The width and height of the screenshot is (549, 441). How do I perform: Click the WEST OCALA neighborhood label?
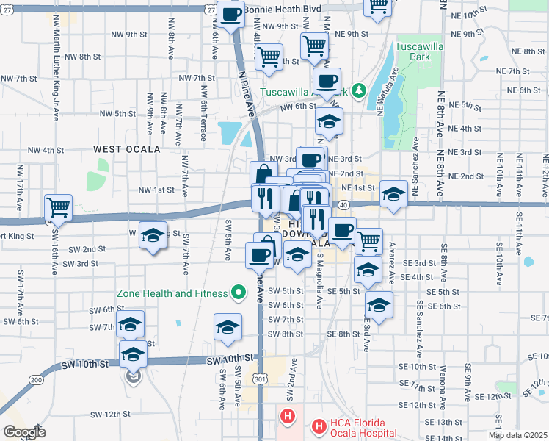[x=127, y=149]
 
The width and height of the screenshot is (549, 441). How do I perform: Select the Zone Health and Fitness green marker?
[x=238, y=293]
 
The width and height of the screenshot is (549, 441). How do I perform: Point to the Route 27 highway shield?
[x=211, y=12]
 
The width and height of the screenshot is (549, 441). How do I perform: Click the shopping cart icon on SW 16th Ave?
[x=58, y=207]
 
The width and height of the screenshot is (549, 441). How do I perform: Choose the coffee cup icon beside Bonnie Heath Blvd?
[x=231, y=13]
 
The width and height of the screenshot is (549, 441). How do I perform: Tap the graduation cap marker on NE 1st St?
[x=393, y=194]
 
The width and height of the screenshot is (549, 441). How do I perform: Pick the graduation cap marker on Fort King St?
[x=153, y=236]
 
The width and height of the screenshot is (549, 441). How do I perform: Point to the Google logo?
[x=24, y=432]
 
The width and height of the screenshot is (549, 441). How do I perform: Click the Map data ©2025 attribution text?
[x=517, y=435]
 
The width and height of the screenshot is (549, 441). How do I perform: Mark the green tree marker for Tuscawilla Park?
[x=359, y=90]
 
